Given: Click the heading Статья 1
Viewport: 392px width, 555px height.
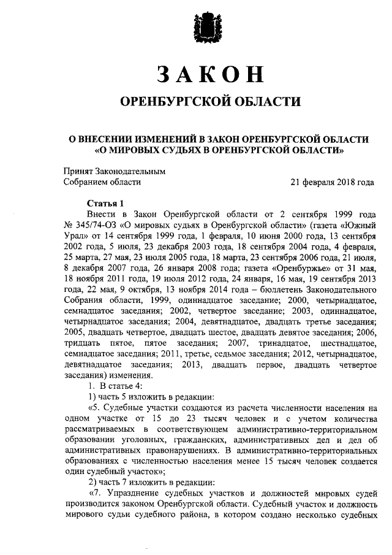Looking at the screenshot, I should pos(105,203).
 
